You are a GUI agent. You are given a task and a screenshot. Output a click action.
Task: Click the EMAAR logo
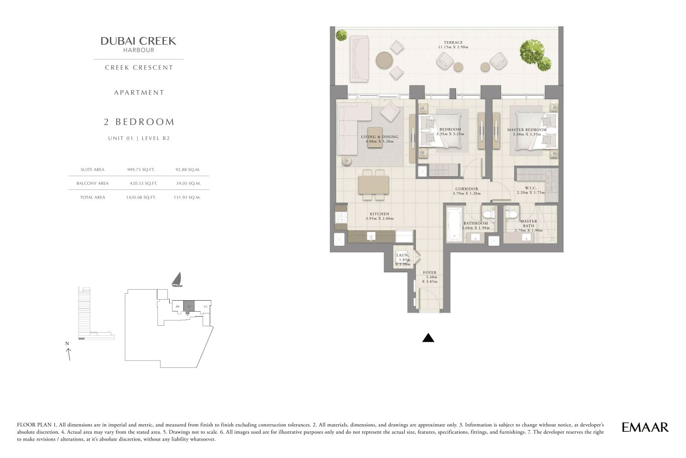point(645,427)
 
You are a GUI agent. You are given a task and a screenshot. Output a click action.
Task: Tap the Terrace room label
point(453,43)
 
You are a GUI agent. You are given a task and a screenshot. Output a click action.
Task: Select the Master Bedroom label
point(527,129)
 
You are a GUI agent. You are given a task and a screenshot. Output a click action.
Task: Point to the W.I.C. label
point(531,188)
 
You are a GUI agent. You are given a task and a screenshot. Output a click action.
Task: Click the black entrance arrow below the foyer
point(428,338)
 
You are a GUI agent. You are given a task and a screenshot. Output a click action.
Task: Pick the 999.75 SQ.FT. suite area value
point(141,169)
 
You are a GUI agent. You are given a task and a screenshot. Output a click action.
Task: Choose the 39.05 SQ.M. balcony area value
point(188,183)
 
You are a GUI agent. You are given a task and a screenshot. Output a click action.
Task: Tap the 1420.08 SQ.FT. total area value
point(141,197)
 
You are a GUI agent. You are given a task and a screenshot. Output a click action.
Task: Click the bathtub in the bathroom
point(454,225)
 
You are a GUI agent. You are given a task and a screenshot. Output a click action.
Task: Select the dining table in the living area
point(374,185)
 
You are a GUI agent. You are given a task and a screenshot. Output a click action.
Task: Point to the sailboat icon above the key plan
point(177,280)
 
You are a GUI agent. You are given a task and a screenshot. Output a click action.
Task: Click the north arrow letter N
point(67,344)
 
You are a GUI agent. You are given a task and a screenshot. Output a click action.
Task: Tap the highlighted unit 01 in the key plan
point(189,307)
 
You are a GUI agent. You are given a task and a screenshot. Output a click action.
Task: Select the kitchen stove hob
point(341,217)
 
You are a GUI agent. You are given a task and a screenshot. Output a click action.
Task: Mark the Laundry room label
point(402,255)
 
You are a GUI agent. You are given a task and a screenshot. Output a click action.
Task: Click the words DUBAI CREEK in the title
point(139,41)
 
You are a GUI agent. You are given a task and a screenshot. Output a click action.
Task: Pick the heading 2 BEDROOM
point(139,122)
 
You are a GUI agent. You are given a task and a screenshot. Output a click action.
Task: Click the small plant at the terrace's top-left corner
point(341,35)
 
